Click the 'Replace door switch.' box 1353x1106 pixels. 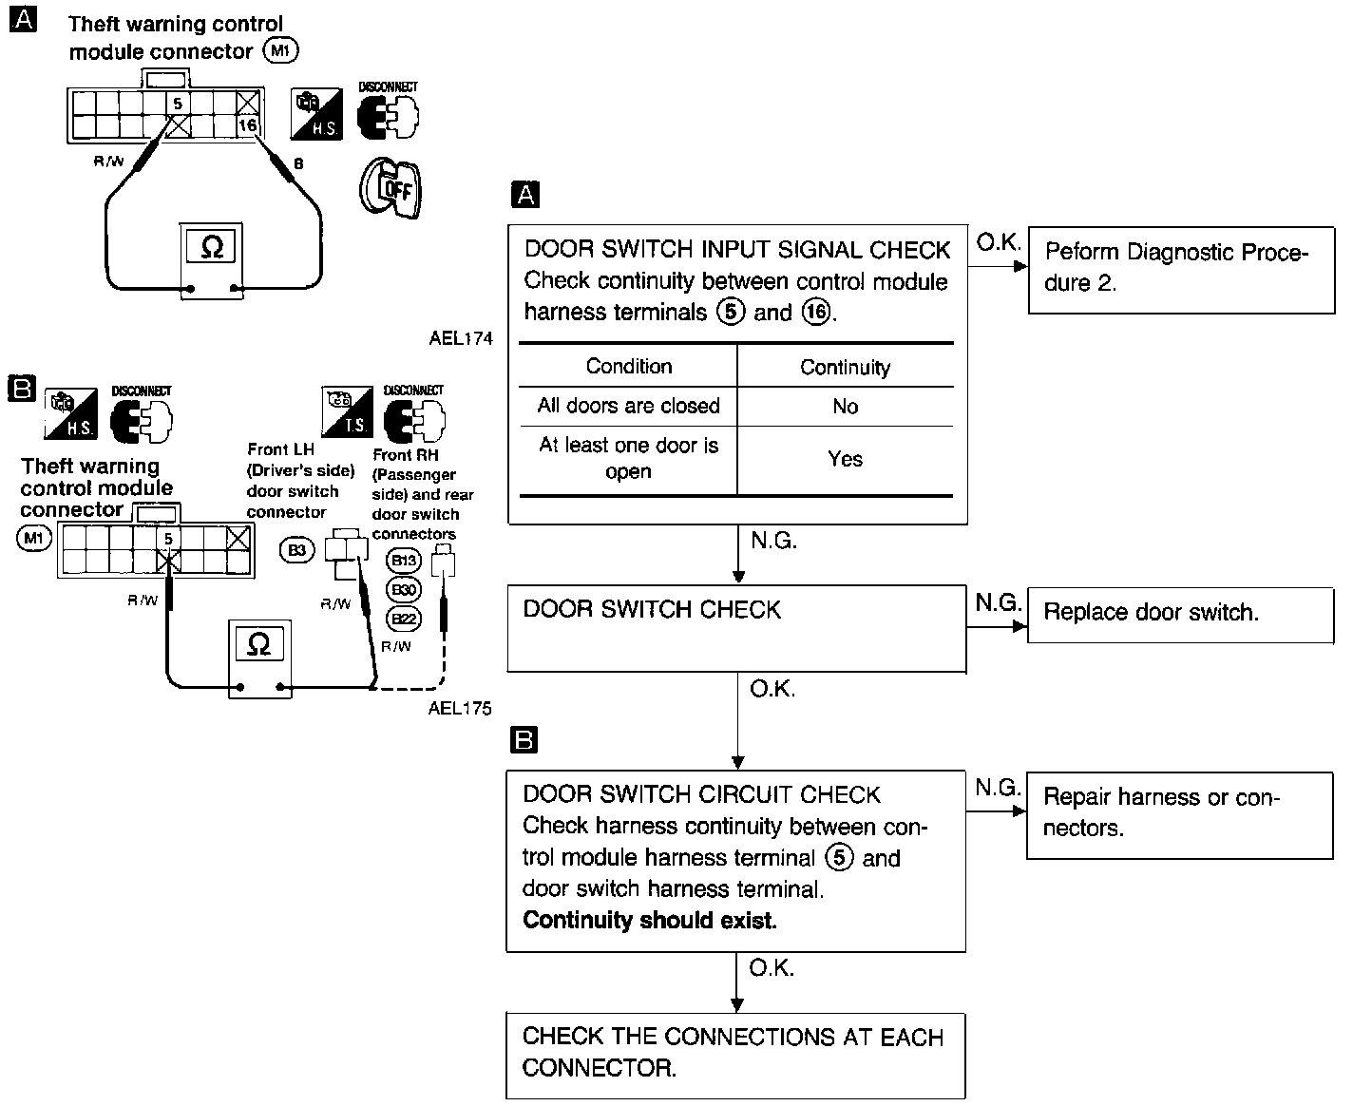(x=1179, y=614)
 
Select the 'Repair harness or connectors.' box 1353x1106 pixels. (x=1179, y=814)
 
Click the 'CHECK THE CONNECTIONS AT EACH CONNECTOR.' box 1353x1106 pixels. (x=735, y=1053)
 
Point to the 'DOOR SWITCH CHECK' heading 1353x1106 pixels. (x=652, y=610)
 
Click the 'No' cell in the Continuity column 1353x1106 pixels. (x=845, y=407)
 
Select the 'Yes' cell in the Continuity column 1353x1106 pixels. (x=845, y=459)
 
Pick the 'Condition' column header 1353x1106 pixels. (x=628, y=367)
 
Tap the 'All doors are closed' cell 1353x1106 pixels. (x=628, y=407)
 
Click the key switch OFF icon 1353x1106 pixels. (x=390, y=187)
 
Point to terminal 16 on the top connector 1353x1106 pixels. (x=247, y=125)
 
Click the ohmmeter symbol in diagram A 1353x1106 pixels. (x=213, y=248)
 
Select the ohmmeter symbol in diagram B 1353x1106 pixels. (x=258, y=645)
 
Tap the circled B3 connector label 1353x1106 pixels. (x=297, y=549)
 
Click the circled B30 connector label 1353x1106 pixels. (x=405, y=590)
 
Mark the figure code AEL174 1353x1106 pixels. (x=461, y=339)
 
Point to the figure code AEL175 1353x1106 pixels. (x=460, y=708)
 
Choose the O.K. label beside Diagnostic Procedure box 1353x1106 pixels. (x=998, y=243)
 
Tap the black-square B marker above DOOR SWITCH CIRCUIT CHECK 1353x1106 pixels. (x=524, y=740)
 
